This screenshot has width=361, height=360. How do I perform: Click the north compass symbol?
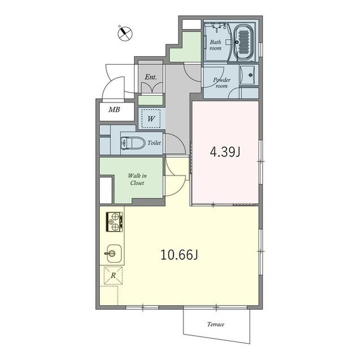pos(125,33)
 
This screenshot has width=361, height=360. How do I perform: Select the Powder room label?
pos(221,83)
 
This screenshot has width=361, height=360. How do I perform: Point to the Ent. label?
pos(151,77)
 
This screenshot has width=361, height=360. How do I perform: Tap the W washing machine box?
pos(151,119)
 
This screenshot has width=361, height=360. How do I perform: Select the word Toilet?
pos(154,143)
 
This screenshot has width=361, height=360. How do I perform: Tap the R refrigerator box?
pos(112,276)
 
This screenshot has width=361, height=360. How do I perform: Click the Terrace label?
pos(215,325)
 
